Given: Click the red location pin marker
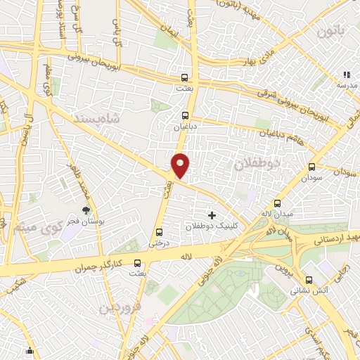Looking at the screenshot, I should [x=181, y=165].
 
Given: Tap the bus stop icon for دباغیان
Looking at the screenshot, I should [x=186, y=115].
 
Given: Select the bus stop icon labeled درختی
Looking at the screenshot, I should [x=158, y=231].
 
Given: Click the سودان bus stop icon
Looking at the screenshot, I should [x=311, y=167].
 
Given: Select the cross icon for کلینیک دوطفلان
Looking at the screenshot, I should [x=212, y=214].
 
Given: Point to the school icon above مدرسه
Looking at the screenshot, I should [x=345, y=74].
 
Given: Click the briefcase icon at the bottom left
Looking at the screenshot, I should [x=30, y=351].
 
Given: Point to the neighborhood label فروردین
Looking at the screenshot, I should [x=120, y=307].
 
